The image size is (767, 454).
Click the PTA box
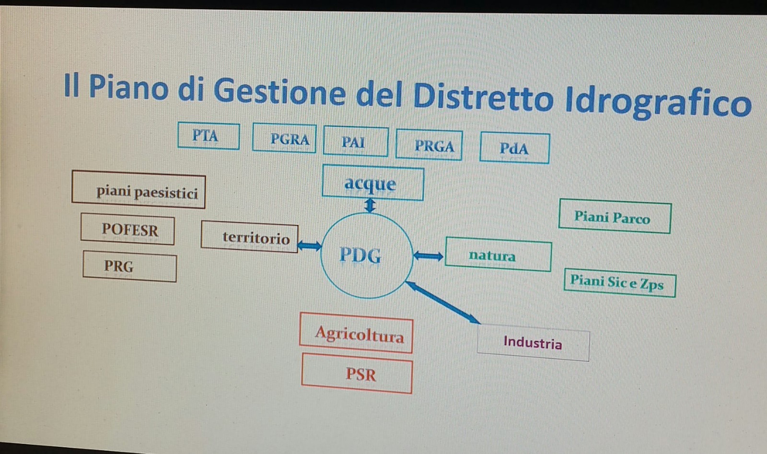tap(209, 136)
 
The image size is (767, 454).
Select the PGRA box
tap(284, 139)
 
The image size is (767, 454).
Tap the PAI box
tap(356, 141)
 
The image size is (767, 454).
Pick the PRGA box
tap(429, 145)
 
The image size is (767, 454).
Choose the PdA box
tap(515, 148)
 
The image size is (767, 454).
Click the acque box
tap(373, 183)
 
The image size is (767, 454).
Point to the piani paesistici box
tap(139, 189)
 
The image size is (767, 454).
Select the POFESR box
tap(128, 229)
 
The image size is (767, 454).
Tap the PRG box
tap(130, 267)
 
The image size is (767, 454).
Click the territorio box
tap(250, 237)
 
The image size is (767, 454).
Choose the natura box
tap(499, 255)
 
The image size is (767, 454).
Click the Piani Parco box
tap(615, 216)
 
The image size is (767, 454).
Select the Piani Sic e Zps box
tap(620, 283)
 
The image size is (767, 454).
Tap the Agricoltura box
tap(356, 333)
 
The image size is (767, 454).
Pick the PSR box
tap(357, 373)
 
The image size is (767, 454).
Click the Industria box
tap(534, 342)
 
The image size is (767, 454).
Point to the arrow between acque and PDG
tap(370, 206)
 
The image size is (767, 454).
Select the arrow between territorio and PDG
tap(310, 245)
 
